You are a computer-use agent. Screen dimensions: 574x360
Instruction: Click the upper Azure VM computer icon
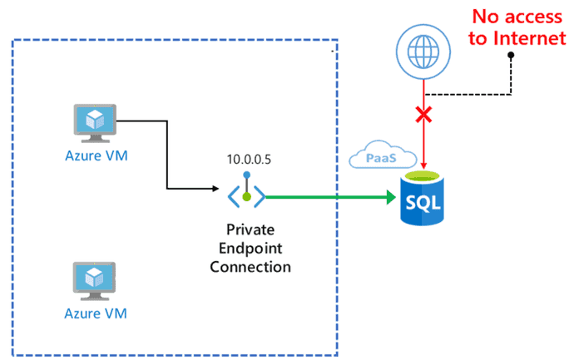pyautogui.click(x=95, y=123)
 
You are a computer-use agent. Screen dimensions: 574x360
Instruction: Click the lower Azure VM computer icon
pyautogui.click(x=95, y=281)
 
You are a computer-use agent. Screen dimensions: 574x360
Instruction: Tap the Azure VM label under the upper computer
pyautogui.click(x=96, y=155)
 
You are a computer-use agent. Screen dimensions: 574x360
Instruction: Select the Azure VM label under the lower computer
pyautogui.click(x=96, y=313)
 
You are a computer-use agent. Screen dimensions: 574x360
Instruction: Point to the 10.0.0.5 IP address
pyautogui.click(x=249, y=160)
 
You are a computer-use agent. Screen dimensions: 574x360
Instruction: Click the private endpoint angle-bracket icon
pyautogui.click(x=246, y=193)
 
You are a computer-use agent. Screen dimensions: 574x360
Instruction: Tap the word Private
pyautogui.click(x=250, y=229)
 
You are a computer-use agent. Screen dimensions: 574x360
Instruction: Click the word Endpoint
pyautogui.click(x=250, y=249)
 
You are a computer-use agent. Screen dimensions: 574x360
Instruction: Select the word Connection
pyautogui.click(x=250, y=267)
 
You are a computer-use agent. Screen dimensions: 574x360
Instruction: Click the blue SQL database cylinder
pyautogui.click(x=422, y=198)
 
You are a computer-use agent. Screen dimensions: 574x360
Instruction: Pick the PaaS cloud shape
pyautogui.click(x=383, y=155)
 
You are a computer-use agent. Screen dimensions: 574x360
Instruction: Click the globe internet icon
pyautogui.click(x=423, y=52)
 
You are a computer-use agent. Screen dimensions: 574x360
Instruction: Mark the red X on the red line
pyautogui.click(x=423, y=115)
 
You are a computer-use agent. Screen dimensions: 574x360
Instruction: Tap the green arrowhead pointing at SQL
pyautogui.click(x=392, y=197)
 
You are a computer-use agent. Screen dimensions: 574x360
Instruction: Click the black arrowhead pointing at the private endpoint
pyautogui.click(x=216, y=189)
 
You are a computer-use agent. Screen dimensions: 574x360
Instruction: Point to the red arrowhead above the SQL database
pyautogui.click(x=423, y=165)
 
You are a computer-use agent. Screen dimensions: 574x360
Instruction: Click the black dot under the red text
pyautogui.click(x=511, y=55)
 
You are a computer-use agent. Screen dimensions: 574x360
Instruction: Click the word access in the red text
pyautogui.click(x=533, y=17)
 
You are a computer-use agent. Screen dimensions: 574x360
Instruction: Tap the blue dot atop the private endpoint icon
pyautogui.click(x=247, y=175)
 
